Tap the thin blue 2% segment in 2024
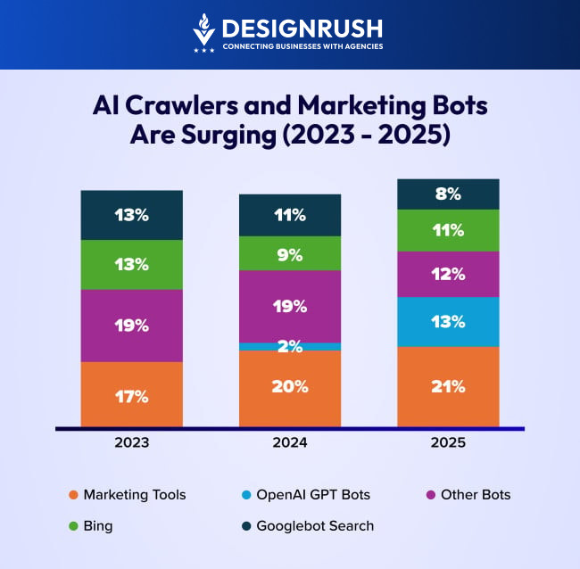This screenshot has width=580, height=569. click(x=290, y=346)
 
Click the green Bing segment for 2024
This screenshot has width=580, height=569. click(x=290, y=253)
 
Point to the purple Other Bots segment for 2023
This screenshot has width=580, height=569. click(x=131, y=326)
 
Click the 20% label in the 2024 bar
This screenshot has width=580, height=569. click(x=290, y=386)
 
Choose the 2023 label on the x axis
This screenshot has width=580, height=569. click(x=131, y=442)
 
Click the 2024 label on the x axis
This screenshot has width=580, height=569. click(x=290, y=442)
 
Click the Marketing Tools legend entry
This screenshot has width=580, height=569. click(x=134, y=494)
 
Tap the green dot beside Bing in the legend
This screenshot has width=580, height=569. click(x=73, y=526)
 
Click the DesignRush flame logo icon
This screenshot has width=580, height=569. click(x=204, y=33)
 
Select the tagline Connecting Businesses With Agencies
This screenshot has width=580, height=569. click(x=302, y=46)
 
